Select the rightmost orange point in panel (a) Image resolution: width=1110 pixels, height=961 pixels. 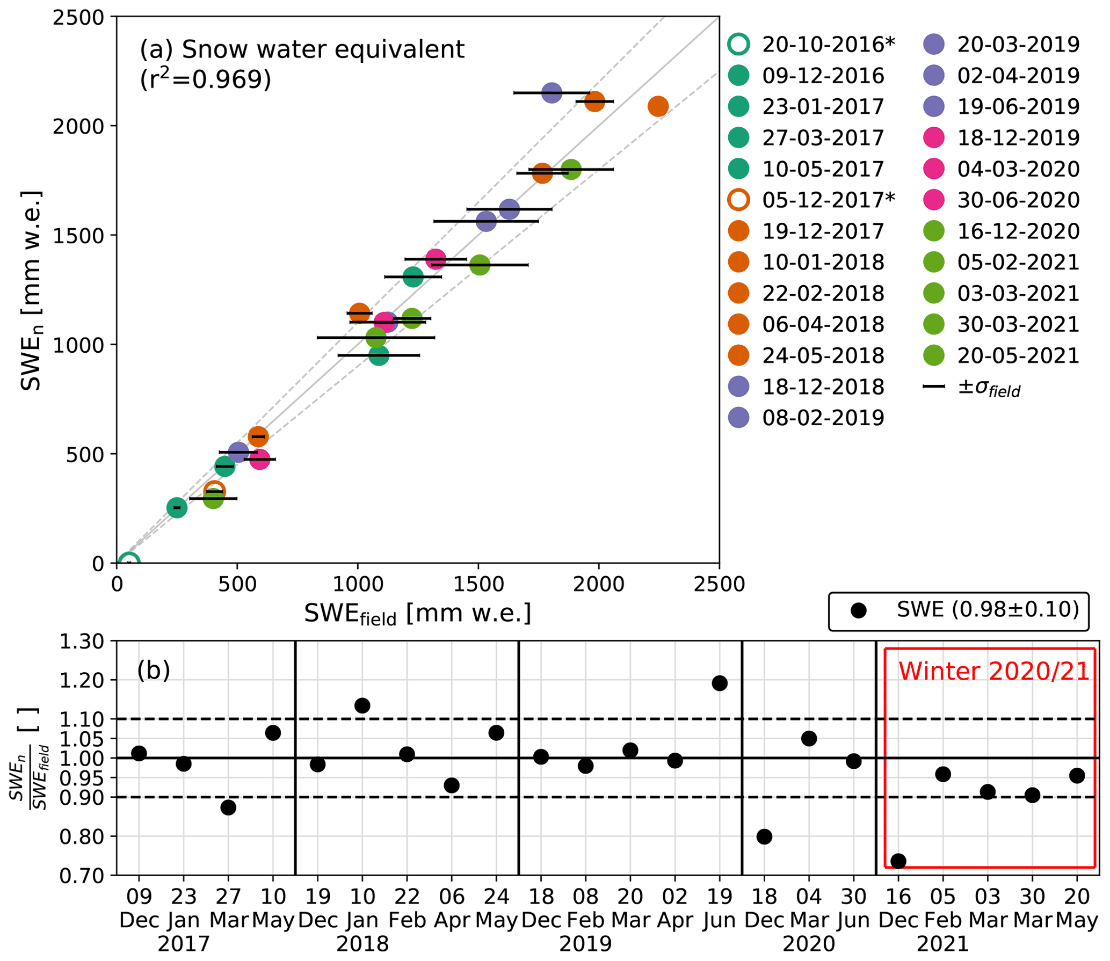point(658,106)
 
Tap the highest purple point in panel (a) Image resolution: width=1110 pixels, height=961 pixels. point(552,93)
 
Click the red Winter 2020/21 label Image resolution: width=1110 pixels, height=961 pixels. point(993,672)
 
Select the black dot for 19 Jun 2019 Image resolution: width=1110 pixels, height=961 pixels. point(720,683)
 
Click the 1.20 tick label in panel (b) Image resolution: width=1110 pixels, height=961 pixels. point(81,681)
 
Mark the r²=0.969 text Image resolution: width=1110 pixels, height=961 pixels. point(206,79)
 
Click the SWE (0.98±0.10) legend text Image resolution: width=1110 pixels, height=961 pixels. point(988,610)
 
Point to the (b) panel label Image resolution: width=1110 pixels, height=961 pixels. point(154,671)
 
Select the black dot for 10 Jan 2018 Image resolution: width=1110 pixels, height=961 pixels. point(362,705)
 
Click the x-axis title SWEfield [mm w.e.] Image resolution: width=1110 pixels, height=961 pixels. point(417,613)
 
